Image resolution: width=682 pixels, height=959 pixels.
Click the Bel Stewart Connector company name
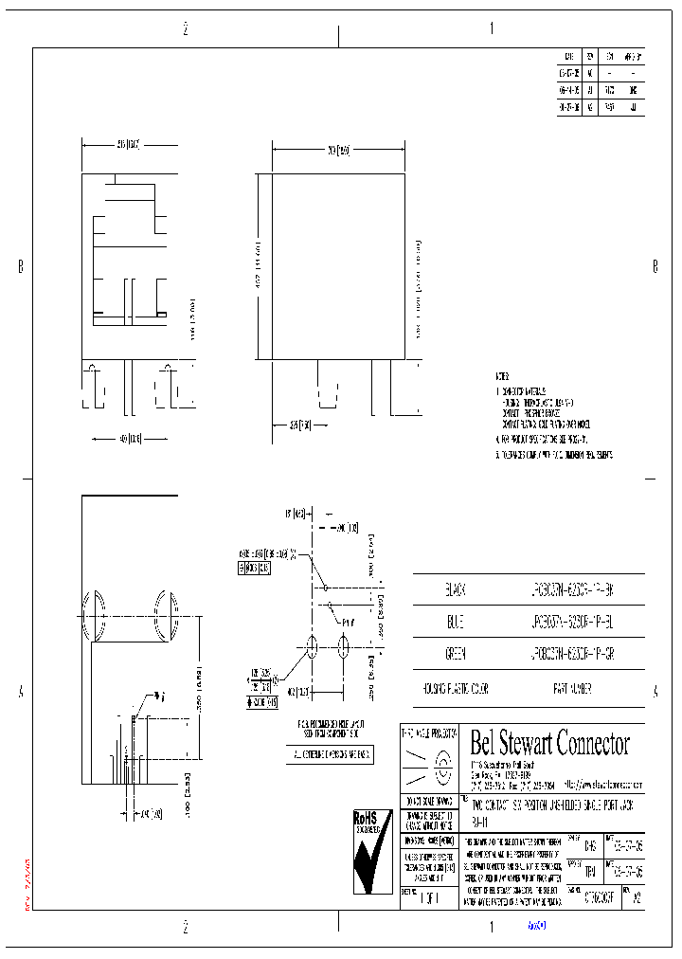click(549, 743)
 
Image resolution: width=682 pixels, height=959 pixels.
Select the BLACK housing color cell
click(456, 588)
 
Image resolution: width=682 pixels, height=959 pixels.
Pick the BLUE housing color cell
click(456, 621)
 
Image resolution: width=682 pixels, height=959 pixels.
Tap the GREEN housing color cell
click(456, 654)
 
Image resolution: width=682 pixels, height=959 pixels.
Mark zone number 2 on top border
click(186, 29)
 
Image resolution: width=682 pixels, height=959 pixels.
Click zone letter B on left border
click(20, 267)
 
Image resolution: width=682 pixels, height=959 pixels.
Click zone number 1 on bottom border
click(491, 928)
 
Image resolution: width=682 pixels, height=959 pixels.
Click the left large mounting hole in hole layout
click(311, 648)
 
